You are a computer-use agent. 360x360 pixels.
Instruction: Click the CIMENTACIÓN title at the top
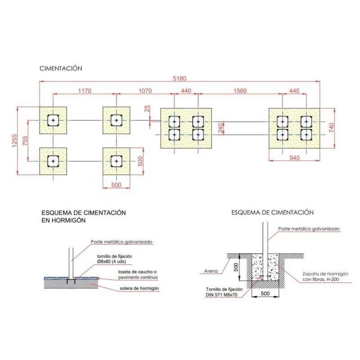pos(61,68)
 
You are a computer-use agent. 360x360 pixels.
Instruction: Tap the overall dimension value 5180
pos(180,78)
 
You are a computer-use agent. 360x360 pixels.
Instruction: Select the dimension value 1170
pos(85,91)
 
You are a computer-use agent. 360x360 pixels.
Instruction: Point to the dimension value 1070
pos(144,91)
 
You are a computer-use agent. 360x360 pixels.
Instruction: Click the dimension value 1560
pos(240,91)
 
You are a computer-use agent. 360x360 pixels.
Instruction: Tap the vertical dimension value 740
pos(332,128)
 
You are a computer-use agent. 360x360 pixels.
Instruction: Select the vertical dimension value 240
pos(221,128)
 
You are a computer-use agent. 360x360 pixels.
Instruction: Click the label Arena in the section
pos(210,271)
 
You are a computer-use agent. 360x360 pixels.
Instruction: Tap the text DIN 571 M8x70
pos(223,295)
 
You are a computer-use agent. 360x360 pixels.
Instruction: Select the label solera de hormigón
pos(140,288)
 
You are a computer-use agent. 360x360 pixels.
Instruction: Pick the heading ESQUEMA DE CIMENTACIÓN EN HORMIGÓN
pos(83,216)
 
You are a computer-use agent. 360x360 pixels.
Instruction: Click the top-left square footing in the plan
pos(53,120)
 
